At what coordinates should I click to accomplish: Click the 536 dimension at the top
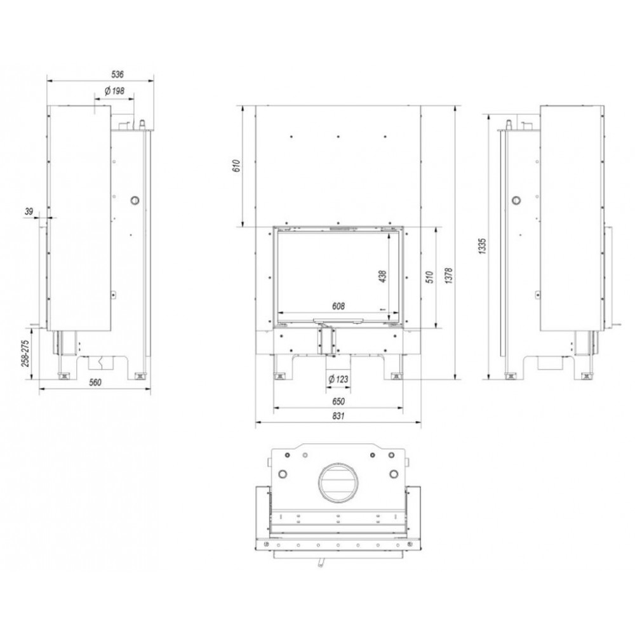117,74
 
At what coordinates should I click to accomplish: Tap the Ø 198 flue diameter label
114,91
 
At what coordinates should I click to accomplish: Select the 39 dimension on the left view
29,211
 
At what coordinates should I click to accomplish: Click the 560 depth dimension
95,382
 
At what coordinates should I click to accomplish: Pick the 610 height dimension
237,166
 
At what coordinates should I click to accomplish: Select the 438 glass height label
383,276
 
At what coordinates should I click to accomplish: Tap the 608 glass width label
338,306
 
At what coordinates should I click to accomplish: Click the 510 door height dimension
430,277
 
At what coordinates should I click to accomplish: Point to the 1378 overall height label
449,275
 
